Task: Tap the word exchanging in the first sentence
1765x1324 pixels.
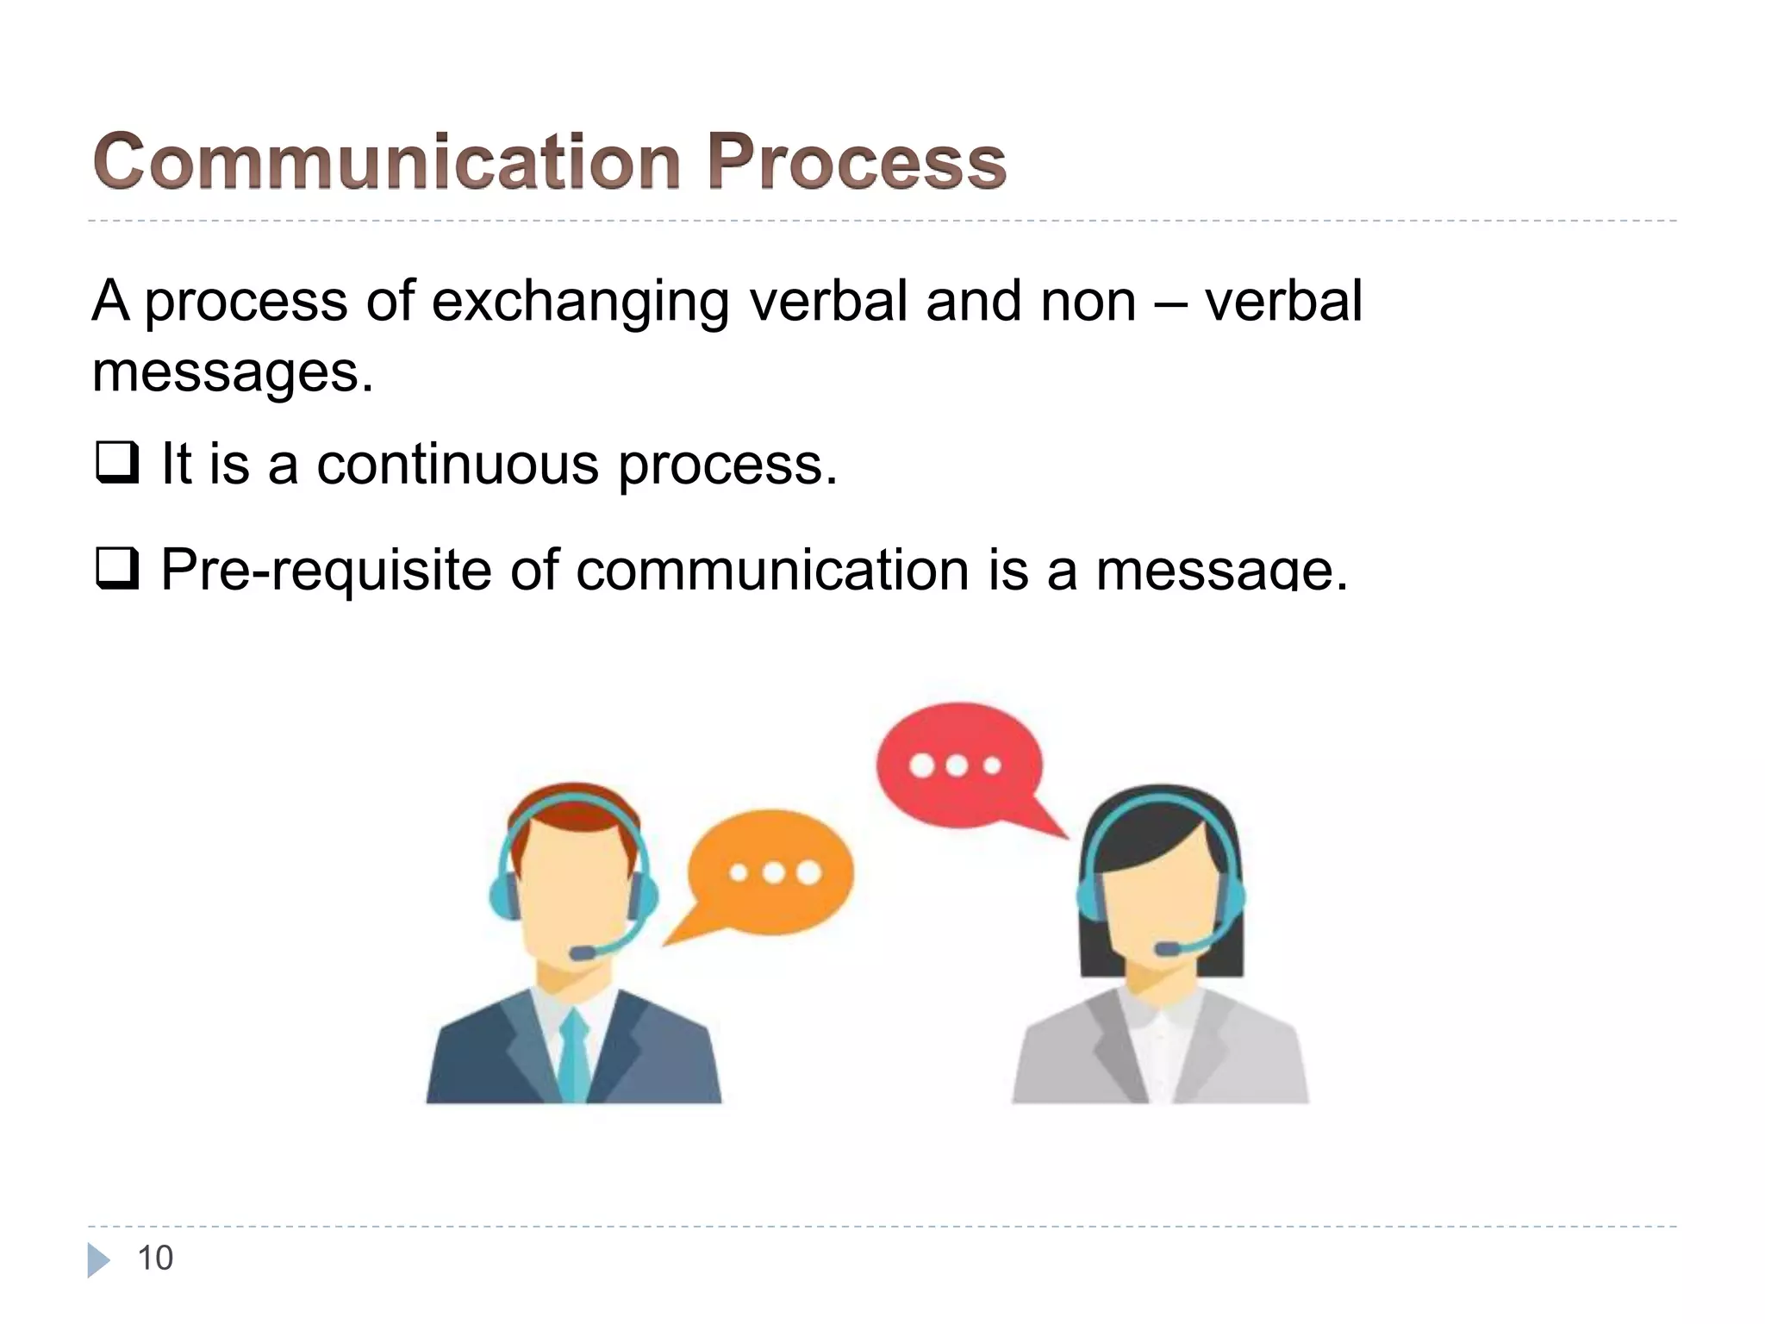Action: [x=579, y=302]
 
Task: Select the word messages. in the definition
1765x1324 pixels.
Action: [x=233, y=372]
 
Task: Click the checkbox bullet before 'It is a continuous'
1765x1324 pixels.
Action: [x=116, y=463]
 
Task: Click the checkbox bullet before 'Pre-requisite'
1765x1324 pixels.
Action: [x=116, y=569]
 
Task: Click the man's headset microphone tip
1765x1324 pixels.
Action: [x=583, y=952]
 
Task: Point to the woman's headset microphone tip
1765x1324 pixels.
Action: [x=1168, y=948]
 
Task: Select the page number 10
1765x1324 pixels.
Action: [x=155, y=1258]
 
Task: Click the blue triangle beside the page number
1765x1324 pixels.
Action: [x=98, y=1259]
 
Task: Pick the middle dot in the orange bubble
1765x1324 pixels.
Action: [x=773, y=873]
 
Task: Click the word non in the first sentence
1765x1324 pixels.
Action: [x=1088, y=302]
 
